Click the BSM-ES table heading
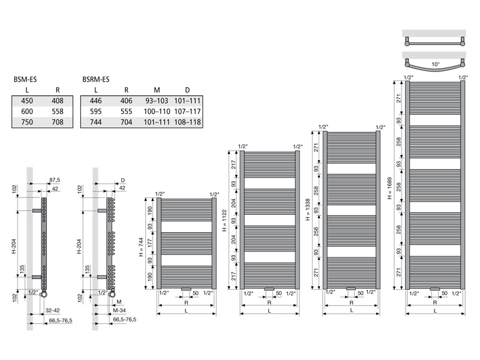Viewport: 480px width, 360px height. [25, 80]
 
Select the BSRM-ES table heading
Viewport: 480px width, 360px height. [96, 80]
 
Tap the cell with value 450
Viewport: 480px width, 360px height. [27, 101]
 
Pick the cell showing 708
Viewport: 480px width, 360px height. [58, 122]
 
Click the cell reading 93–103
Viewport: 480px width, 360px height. [157, 101]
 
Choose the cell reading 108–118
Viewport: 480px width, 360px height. [187, 122]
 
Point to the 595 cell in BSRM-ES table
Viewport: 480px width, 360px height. [96, 112]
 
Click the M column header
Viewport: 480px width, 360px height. [157, 90]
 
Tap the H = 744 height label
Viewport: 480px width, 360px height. [141, 247]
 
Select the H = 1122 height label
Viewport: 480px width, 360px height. [224, 220]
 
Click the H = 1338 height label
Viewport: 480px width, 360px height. [308, 209]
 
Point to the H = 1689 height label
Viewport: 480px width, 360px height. [389, 188]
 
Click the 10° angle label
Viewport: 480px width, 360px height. [436, 64]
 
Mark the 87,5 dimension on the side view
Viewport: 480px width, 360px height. [55, 180]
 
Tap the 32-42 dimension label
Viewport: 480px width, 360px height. [53, 310]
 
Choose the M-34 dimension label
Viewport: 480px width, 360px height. [119, 310]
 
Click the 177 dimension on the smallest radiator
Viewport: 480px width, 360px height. [150, 244]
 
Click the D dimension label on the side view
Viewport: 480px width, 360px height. [123, 181]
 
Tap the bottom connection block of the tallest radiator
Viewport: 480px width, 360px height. [434, 289]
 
